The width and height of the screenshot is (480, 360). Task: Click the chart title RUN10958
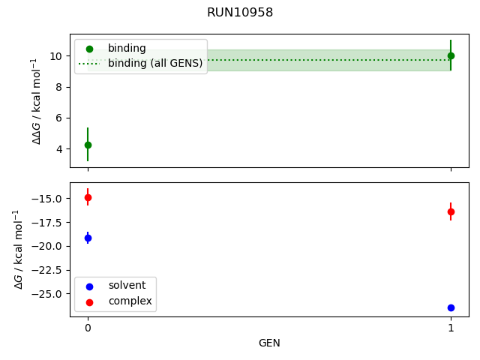[240, 12]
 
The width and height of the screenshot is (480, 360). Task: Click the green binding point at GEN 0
[88, 145]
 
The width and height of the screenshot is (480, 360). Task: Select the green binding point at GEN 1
[451, 55]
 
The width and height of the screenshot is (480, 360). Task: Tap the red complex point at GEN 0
[88, 198]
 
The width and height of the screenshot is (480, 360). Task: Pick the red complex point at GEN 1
[451, 211]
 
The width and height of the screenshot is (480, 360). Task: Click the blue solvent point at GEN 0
[88, 238]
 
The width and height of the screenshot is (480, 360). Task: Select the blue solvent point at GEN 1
[451, 307]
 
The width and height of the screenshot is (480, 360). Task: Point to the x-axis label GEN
[269, 343]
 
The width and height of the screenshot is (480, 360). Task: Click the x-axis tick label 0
[88, 328]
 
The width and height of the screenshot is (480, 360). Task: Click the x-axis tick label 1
[451, 328]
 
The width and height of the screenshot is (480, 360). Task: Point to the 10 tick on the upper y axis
[56, 56]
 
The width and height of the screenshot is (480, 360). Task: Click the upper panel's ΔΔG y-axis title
[37, 100]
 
